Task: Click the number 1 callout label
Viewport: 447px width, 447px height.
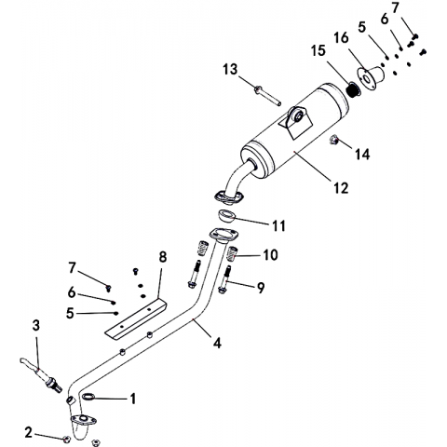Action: coord(133,399)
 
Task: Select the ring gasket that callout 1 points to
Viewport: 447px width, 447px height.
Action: coord(88,396)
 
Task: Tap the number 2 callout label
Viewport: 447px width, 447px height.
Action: coord(28,433)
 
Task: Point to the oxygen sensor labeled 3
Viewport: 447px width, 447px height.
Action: coord(41,375)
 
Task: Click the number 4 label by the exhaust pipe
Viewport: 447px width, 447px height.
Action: coord(217,343)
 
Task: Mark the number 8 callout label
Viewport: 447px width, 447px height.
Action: coord(163,257)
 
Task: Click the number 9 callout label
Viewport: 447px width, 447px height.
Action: coord(260,288)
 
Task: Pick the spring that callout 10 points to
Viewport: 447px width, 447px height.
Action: coord(232,253)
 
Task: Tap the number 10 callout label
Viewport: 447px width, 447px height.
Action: coord(270,255)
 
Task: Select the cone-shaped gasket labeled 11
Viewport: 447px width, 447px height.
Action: coord(226,215)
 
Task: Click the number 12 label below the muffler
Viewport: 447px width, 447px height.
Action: coord(341,188)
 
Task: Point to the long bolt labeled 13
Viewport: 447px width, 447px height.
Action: coord(267,96)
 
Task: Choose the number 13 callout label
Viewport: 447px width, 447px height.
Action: coord(230,70)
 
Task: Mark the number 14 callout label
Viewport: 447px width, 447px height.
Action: coord(362,154)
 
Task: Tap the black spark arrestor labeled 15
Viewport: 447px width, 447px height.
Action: coord(353,89)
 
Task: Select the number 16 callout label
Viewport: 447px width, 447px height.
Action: coord(341,38)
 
